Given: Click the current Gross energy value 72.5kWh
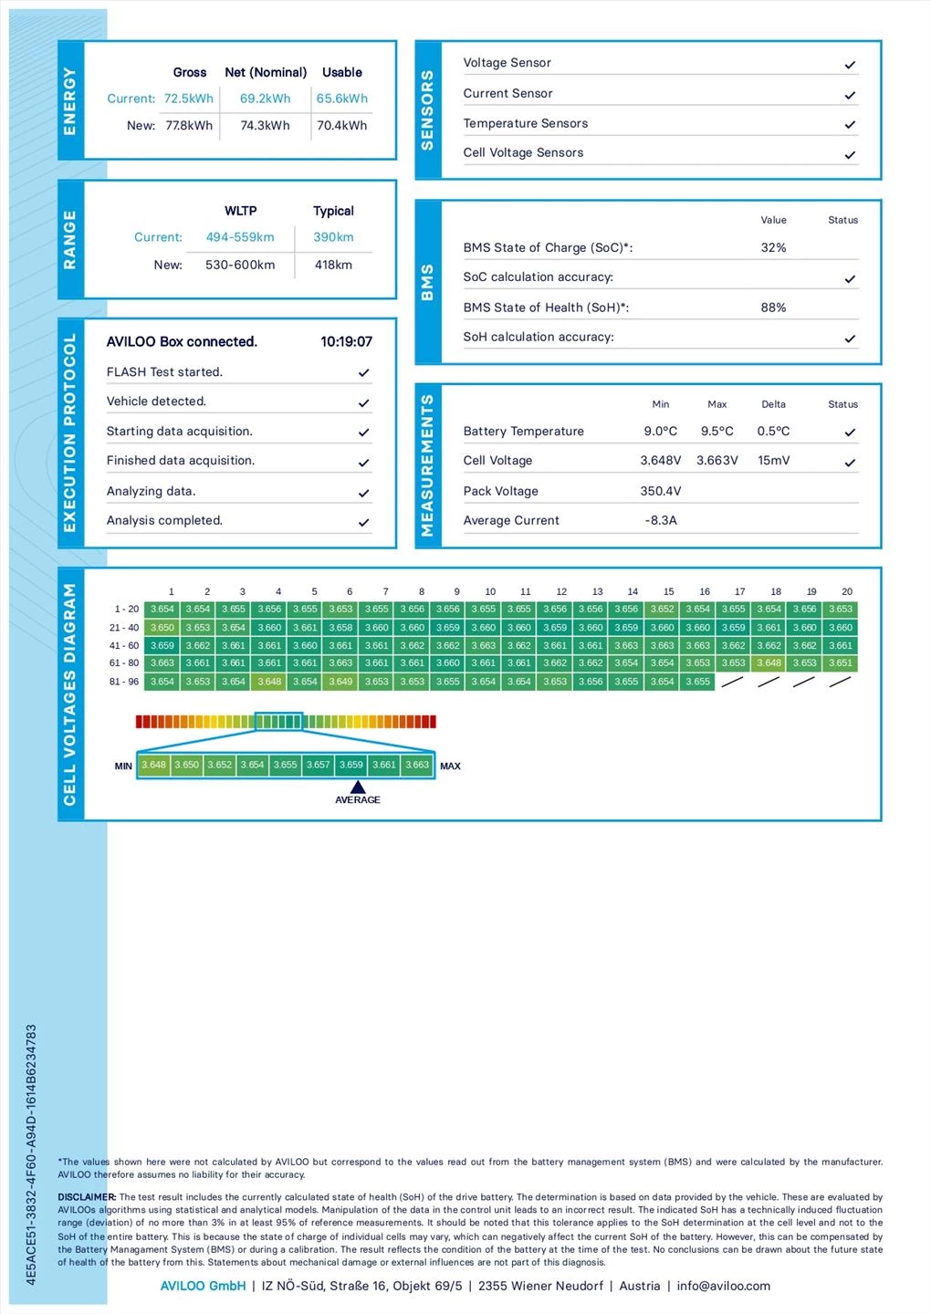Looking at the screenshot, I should [189, 99].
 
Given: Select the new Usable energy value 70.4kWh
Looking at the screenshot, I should [342, 126].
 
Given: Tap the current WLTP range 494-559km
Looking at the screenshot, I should [240, 237].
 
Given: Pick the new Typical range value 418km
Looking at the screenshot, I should [333, 265].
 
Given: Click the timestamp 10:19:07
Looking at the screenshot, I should [346, 342].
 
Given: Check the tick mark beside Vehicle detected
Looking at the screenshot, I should [363, 402].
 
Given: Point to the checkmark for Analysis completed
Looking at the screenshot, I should [363, 523].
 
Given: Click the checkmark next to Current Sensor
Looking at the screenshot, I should [850, 95].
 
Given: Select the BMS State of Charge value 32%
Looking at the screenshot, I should [773, 247].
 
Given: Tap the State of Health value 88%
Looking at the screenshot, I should [773, 308].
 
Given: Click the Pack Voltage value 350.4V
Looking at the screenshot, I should [661, 491].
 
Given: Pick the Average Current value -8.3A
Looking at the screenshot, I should [661, 520].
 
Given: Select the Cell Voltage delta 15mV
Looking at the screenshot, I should [773, 461].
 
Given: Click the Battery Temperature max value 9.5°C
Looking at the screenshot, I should [717, 432].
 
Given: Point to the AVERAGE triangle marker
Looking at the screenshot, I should [358, 787].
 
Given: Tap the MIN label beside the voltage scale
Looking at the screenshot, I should [123, 766].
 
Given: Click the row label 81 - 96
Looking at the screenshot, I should [124, 682].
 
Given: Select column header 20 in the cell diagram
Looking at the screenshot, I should [847, 591].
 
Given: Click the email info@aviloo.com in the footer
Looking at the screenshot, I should [723, 1286].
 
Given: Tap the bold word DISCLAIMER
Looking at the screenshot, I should [87, 1197].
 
